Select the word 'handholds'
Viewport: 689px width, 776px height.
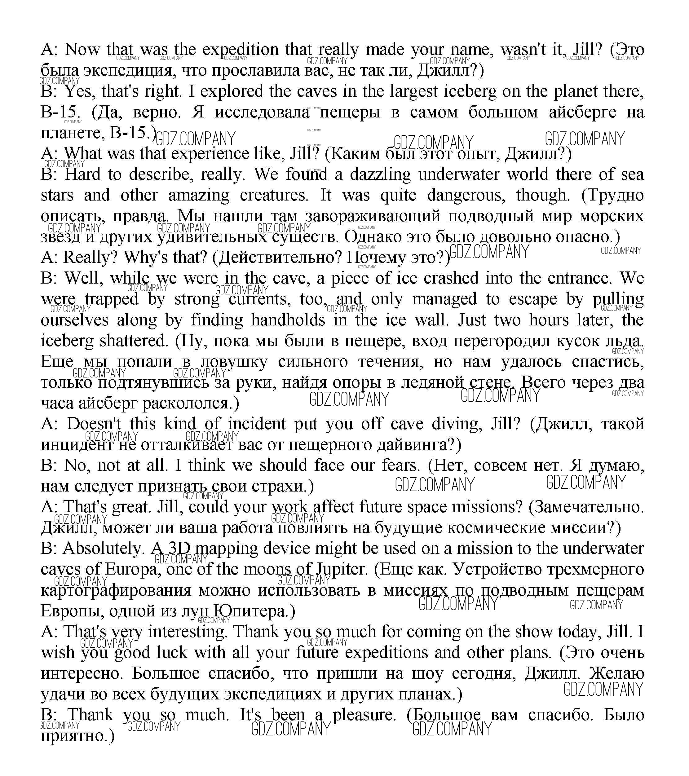288,320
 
